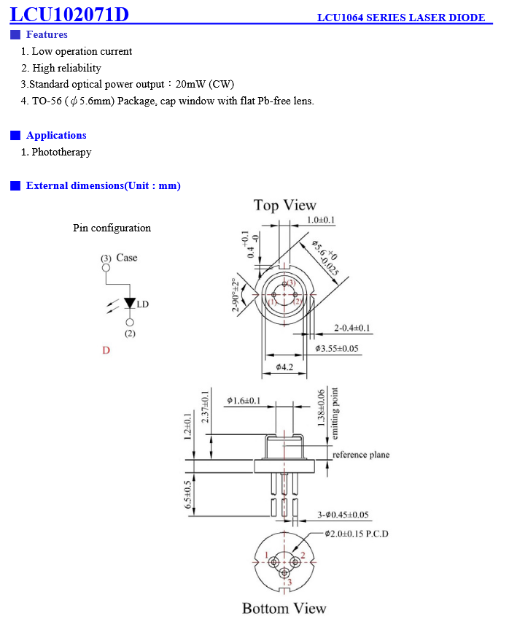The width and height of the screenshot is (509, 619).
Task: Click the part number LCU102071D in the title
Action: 69,14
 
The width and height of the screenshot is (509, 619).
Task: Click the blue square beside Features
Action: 15,35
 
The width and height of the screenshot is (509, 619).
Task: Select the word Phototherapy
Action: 61,152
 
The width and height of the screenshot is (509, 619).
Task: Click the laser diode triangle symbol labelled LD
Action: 130,303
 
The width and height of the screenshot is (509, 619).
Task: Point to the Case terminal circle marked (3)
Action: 106,268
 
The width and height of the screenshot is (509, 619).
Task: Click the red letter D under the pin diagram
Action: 106,350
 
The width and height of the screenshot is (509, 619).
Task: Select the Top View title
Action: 284,205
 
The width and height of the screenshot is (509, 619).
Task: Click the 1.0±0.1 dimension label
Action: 321,220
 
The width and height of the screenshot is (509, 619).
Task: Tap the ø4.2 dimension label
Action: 284,367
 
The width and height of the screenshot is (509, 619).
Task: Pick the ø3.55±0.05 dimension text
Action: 337,349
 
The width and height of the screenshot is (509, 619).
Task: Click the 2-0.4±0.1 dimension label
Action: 352,328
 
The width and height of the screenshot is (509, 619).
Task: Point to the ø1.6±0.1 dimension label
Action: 244,401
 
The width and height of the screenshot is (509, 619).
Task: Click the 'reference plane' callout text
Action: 361,455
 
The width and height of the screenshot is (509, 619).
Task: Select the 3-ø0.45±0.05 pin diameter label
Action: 343,515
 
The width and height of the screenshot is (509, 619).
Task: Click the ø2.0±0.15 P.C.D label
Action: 357,534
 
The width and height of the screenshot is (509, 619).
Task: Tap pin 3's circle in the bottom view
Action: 284,573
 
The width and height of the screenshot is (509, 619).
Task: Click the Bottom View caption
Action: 284,608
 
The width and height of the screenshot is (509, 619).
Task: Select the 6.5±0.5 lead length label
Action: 188,495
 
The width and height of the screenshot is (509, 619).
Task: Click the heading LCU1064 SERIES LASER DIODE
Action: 401,18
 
